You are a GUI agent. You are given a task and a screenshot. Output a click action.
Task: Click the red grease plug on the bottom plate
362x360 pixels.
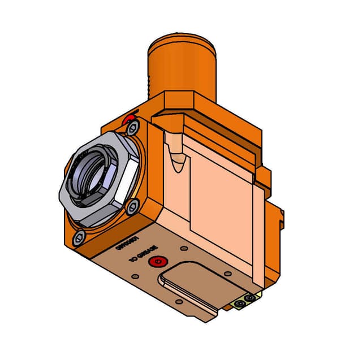[x=157, y=262]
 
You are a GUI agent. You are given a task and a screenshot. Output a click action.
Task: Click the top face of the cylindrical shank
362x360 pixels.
[x=183, y=41]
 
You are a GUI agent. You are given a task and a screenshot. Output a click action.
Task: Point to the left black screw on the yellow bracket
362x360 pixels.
[x=242, y=304]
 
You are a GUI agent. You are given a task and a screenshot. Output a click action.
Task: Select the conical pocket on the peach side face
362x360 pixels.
[x=178, y=158]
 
